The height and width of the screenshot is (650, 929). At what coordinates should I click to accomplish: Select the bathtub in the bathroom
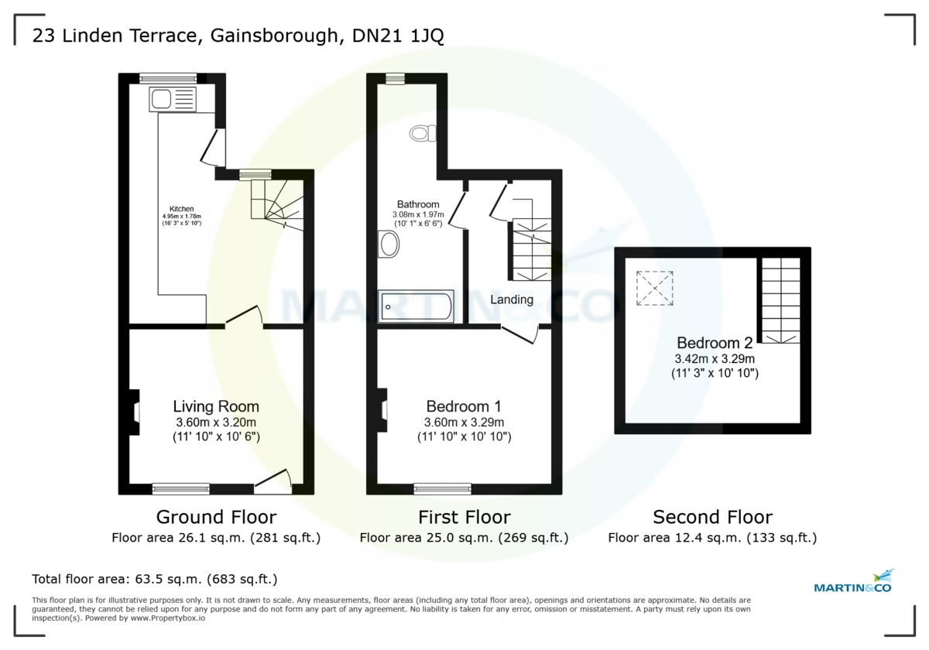[x=416, y=307]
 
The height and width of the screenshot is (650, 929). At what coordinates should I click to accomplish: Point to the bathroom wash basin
[x=389, y=245]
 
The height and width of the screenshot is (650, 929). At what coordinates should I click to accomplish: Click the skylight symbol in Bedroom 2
[x=654, y=288]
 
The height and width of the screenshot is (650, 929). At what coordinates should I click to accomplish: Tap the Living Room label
[x=216, y=406]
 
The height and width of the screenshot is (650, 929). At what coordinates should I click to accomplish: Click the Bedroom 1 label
[x=464, y=406]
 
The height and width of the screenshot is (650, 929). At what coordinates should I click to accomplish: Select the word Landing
[x=512, y=299]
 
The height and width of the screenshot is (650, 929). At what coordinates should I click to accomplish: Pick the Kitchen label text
[x=182, y=209]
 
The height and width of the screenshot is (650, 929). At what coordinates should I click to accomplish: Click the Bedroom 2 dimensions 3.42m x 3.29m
[x=715, y=359]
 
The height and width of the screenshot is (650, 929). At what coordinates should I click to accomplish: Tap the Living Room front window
[x=180, y=488]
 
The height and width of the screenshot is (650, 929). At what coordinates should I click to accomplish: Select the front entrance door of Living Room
[x=273, y=482]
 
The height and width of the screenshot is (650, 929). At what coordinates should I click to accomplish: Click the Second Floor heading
[x=712, y=517]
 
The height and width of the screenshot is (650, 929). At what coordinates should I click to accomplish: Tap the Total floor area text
[x=154, y=579]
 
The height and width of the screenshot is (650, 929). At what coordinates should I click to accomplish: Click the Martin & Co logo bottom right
[x=853, y=582]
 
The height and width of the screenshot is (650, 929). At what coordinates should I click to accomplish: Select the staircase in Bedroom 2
[x=780, y=300]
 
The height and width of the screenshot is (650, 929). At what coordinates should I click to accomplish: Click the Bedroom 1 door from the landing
[x=520, y=334]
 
